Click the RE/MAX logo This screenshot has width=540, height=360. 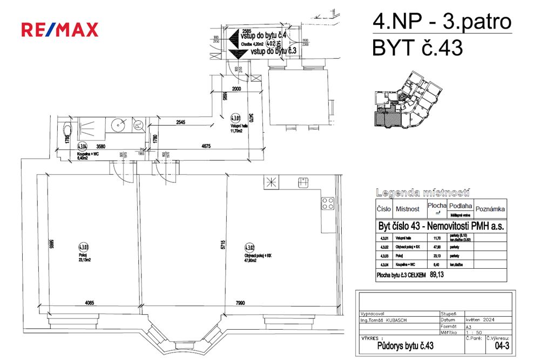click(x=60, y=29)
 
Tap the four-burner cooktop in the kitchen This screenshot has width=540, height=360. click(x=328, y=203)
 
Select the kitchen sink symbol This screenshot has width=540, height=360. click(x=302, y=183)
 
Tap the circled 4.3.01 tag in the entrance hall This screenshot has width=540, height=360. click(x=235, y=118)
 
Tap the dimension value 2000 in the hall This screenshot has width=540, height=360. click(x=233, y=90)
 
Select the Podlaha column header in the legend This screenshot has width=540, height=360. click(x=460, y=206)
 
